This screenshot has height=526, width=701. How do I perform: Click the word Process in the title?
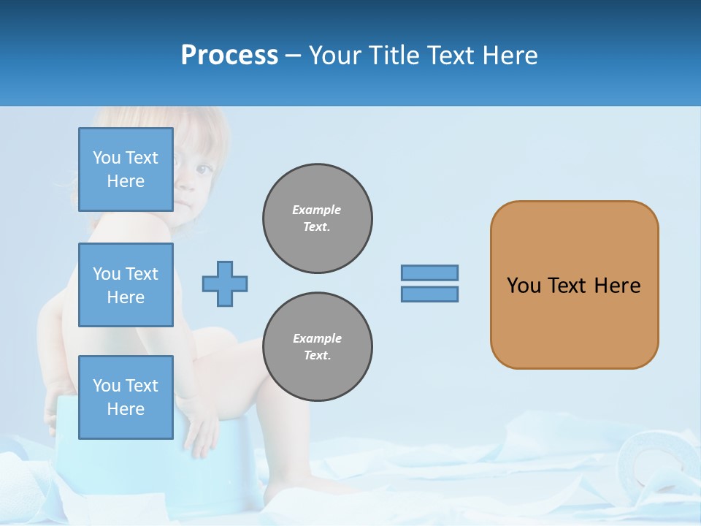coord(229,56)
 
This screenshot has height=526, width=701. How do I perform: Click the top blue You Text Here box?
coord(126,169)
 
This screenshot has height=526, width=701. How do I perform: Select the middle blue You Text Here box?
coord(126,285)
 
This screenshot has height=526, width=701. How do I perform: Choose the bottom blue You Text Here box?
coord(126,397)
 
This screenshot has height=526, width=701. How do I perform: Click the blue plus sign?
coord(225,284)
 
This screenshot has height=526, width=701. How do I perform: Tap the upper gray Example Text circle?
coord(318,218)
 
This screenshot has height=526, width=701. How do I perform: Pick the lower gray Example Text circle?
coord(318,347)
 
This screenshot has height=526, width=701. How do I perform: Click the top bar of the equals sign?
coord(429,273)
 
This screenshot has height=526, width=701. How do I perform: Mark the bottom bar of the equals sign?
coord(429,294)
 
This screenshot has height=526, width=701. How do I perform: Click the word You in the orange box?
coord(524,286)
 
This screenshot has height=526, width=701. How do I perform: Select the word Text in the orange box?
coord(567,286)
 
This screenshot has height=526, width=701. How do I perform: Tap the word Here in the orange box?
coord(617,286)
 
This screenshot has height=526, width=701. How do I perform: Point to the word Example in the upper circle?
coord(317,210)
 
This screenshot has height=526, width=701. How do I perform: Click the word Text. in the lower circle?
coord(317,356)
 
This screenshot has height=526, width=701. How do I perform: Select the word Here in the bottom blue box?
coord(126,409)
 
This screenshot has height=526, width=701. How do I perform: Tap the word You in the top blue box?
coord(107,158)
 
